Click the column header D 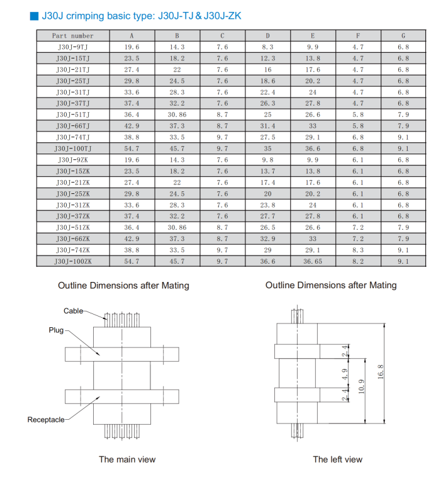[267, 36]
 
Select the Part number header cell [73, 36]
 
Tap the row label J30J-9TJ [73, 47]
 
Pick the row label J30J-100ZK [73, 261]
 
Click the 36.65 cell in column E [313, 261]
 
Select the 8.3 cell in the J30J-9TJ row [267, 47]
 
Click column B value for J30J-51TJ [177, 115]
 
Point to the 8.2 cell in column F [358, 261]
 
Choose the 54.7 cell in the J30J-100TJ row [132, 149]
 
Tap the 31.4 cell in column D [267, 126]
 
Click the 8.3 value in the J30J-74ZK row [358, 250]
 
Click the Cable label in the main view [73, 311]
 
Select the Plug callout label [56, 330]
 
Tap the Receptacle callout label [45, 419]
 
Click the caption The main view [127, 459]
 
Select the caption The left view [338, 459]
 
